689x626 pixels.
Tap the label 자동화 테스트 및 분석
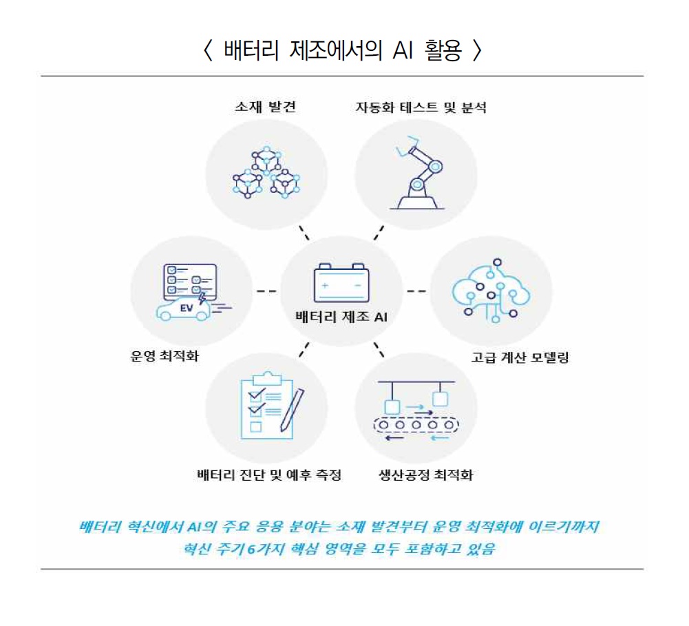421,107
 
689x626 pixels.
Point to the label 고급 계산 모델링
520,357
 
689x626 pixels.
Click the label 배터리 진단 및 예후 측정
268,475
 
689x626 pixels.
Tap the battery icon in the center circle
341,283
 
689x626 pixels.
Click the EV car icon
183,308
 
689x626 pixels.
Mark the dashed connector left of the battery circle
266,291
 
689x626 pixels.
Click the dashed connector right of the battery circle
416,291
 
